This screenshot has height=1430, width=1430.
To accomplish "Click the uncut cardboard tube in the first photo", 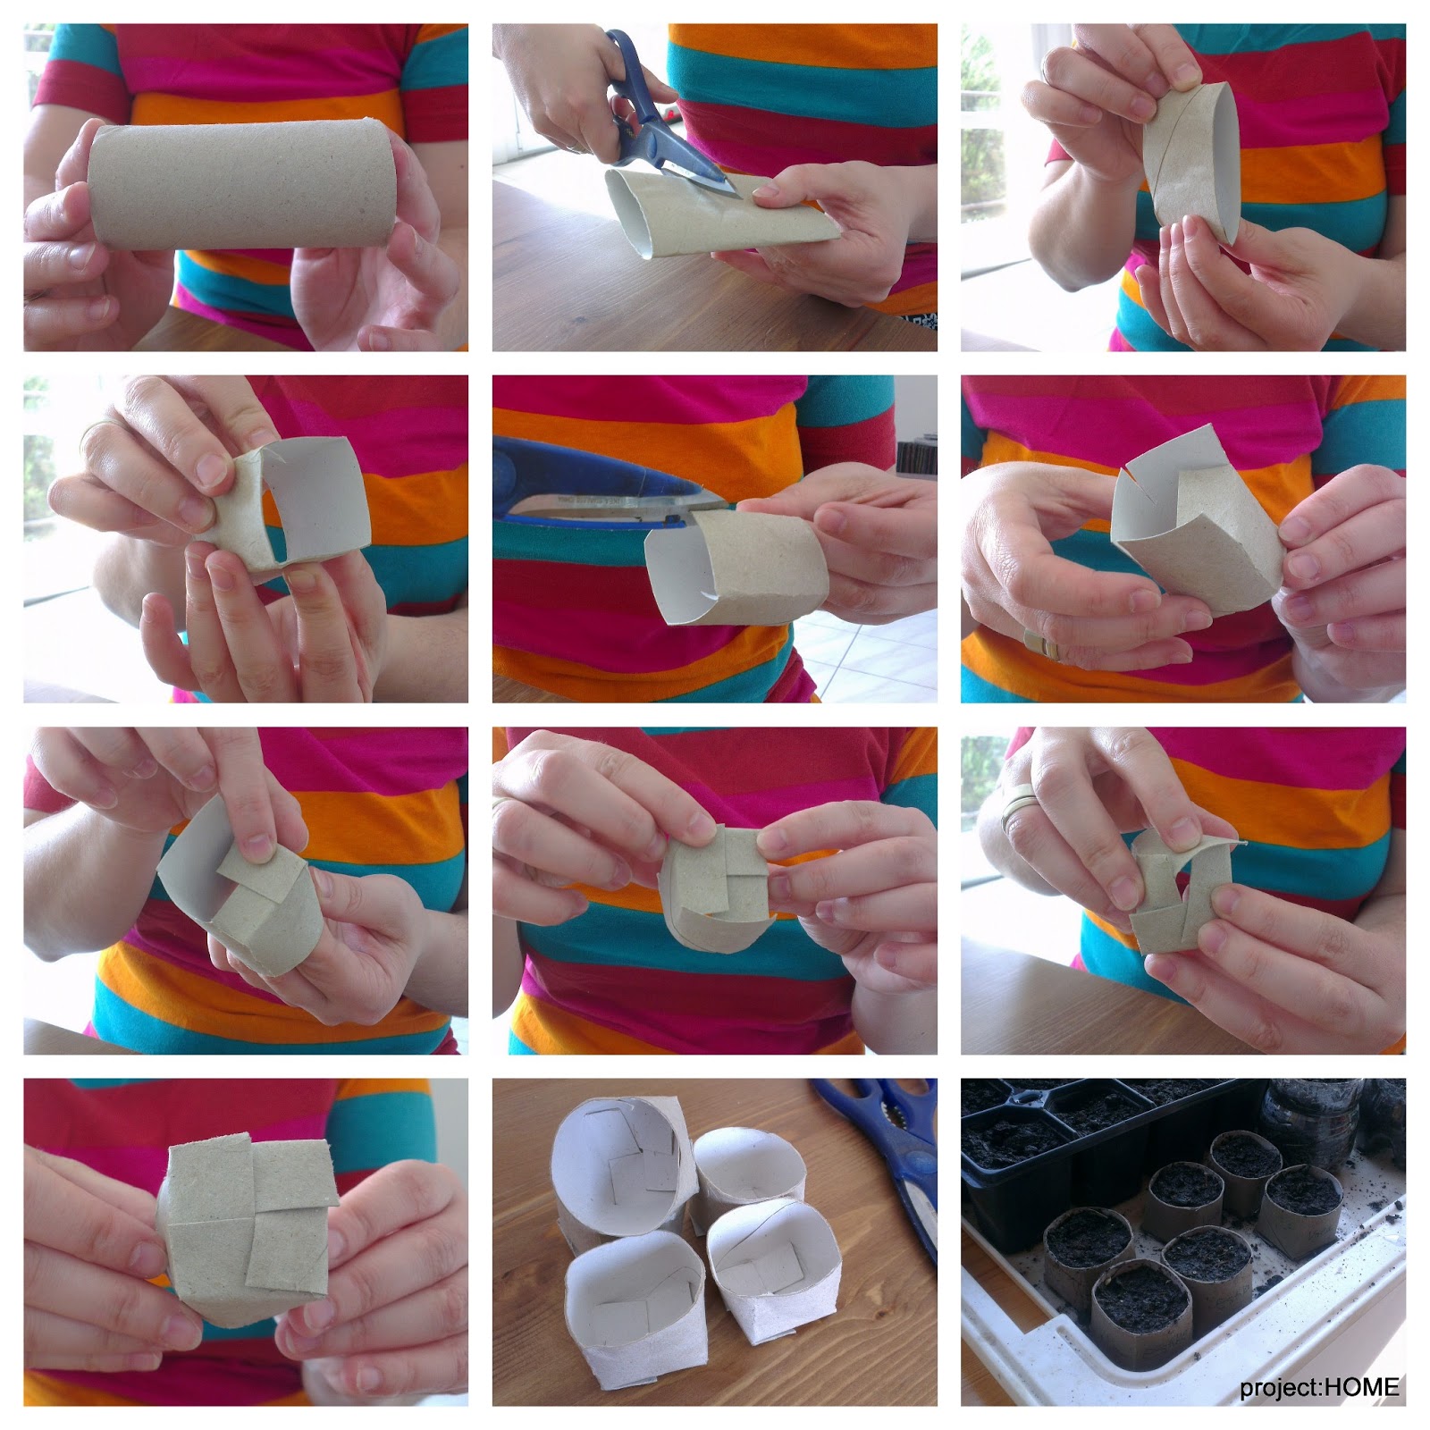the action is pyautogui.click(x=241, y=185).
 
